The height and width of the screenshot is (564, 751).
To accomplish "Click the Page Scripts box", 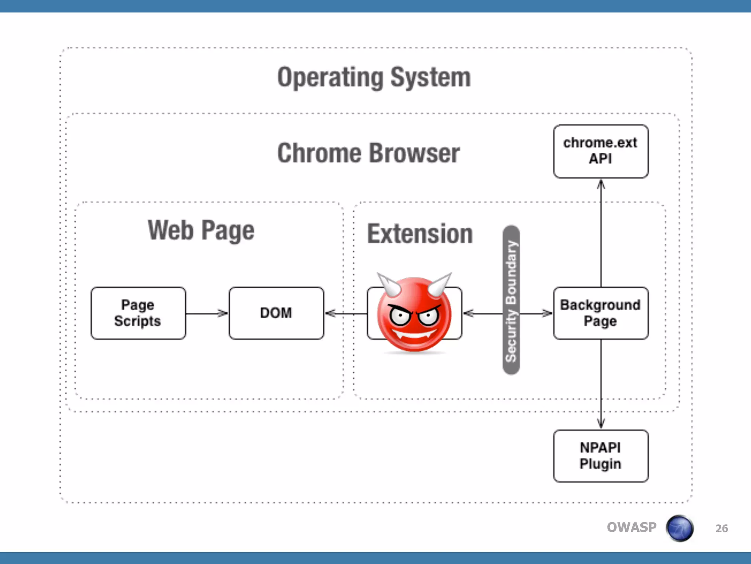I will [138, 313].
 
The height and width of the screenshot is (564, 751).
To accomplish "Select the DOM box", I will [276, 313].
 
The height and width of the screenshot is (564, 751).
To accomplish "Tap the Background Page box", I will [601, 313].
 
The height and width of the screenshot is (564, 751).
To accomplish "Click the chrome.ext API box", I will [601, 151].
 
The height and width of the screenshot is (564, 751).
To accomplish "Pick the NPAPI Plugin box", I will [601, 456].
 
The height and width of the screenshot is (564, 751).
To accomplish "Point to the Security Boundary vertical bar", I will [511, 300].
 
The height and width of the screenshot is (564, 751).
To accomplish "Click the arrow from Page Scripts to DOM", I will [206, 313].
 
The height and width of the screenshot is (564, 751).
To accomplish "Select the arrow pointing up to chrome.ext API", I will [601, 235].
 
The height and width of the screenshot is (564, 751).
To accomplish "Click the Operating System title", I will [374, 78].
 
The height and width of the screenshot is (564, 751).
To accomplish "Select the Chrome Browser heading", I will [369, 153].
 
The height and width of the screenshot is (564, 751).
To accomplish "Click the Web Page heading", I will [201, 231].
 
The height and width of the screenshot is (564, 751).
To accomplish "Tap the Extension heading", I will [420, 234].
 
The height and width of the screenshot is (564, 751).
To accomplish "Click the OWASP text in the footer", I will [631, 527].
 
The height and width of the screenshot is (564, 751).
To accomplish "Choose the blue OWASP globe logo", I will [680, 528].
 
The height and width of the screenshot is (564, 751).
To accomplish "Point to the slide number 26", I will [721, 528].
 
